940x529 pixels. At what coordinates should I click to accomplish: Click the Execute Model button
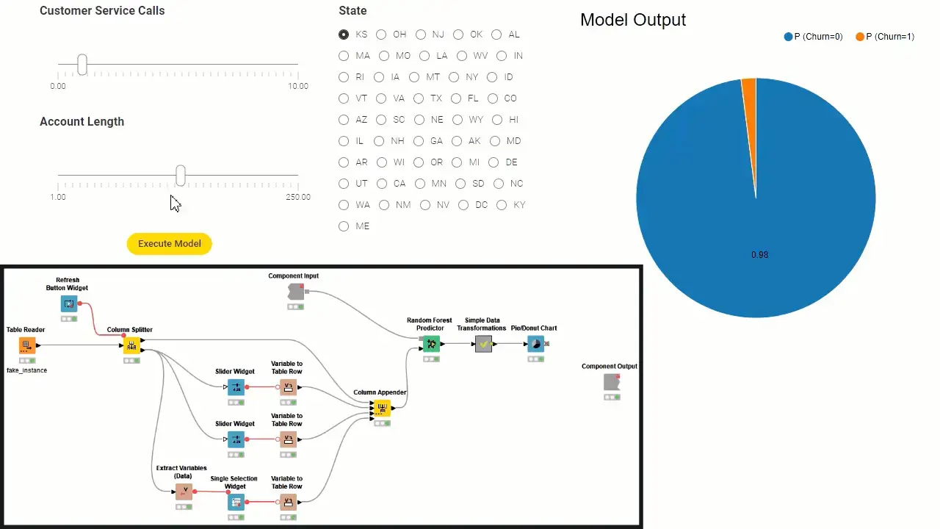point(170,244)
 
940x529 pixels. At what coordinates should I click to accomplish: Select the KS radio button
point(344,35)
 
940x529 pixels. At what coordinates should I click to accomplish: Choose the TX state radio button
point(419,98)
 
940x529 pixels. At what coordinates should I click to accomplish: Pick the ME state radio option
point(344,226)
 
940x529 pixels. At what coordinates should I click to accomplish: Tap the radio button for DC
point(463,205)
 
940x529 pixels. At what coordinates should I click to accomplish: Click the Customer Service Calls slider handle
point(82,65)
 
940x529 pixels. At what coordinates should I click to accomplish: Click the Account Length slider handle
point(181,176)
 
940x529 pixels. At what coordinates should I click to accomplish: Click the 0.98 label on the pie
point(759,255)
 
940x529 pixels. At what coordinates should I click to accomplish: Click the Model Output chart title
point(633,20)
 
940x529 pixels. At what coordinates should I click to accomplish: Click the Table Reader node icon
point(27,345)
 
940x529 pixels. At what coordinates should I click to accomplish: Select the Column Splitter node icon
point(131,345)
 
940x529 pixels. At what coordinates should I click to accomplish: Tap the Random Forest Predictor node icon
point(431,344)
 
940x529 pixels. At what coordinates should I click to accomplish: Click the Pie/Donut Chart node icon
point(535,344)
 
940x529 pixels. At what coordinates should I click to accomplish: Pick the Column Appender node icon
point(381,409)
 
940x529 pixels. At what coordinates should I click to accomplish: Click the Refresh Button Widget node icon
point(69,303)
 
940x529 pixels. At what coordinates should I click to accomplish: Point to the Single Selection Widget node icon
point(235,503)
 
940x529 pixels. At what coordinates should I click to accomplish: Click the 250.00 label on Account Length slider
point(298,197)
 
